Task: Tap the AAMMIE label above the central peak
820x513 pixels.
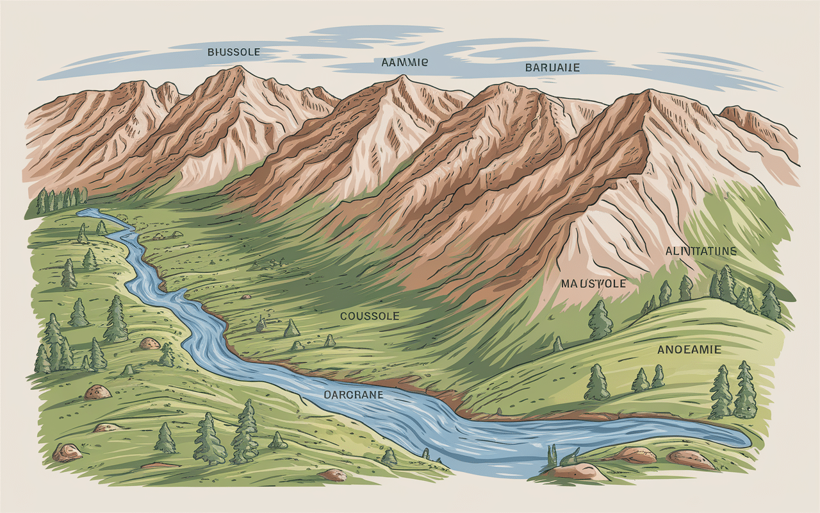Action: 404,63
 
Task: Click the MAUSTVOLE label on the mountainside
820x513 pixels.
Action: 593,283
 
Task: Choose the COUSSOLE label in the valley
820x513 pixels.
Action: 370,316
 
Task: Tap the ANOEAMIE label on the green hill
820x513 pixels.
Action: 689,349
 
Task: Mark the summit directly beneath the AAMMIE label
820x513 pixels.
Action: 402,78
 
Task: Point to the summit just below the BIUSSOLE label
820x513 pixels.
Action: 238,68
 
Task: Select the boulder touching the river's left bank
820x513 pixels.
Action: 149,343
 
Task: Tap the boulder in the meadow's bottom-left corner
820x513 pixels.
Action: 67,452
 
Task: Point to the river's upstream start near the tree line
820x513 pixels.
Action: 82,211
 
